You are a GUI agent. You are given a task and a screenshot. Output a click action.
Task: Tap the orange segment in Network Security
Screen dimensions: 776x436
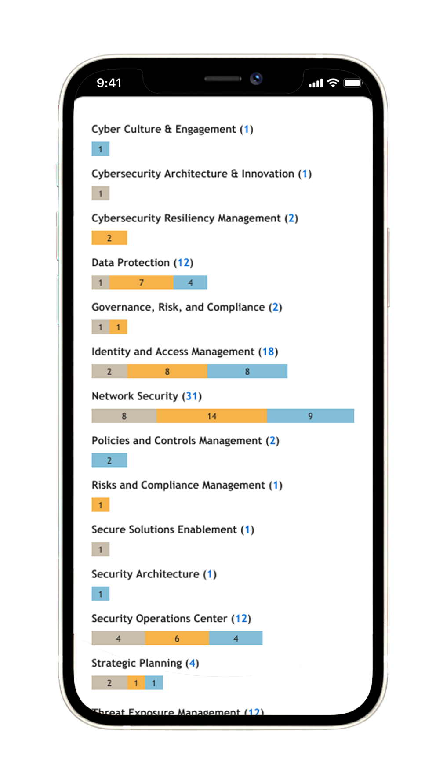(x=211, y=416)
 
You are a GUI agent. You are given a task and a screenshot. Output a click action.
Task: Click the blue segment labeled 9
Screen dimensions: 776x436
(x=310, y=416)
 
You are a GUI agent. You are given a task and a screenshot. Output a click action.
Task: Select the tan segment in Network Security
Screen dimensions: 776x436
(x=124, y=416)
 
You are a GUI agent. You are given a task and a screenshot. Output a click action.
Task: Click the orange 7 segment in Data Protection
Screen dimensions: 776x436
(x=141, y=282)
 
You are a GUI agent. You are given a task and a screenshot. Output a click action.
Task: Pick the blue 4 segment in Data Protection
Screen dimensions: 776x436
(x=190, y=282)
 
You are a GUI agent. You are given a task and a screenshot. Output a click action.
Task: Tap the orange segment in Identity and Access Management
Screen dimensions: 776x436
(x=167, y=371)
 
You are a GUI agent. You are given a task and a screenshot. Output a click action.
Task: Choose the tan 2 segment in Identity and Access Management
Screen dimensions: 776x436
(x=109, y=371)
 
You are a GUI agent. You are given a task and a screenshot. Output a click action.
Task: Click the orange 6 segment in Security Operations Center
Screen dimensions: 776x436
(x=177, y=638)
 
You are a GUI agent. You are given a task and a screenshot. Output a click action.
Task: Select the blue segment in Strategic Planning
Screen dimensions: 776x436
(x=154, y=682)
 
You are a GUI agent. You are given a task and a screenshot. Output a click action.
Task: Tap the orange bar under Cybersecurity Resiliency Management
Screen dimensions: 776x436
(x=109, y=238)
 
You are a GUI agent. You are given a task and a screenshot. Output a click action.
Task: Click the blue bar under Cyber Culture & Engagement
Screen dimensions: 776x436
(x=100, y=149)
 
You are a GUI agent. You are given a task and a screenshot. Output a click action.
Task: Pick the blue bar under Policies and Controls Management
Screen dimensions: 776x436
(x=109, y=460)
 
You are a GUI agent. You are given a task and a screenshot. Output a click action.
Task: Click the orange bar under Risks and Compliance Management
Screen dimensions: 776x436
(x=100, y=504)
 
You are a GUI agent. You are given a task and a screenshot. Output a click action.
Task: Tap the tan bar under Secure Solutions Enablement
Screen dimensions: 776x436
(x=100, y=549)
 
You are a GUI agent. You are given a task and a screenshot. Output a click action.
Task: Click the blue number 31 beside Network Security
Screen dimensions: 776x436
(x=192, y=396)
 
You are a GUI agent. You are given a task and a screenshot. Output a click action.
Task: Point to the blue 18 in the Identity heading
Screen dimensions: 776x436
(x=268, y=352)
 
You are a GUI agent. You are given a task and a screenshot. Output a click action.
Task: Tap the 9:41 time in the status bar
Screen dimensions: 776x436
(x=109, y=83)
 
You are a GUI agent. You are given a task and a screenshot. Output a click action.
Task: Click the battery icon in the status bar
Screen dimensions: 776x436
(x=352, y=83)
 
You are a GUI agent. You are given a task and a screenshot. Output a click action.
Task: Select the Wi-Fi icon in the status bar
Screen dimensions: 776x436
(x=333, y=83)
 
